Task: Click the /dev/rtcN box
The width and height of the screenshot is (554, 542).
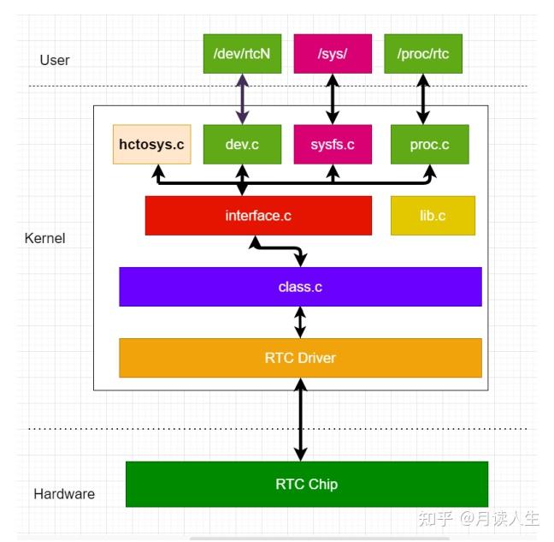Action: point(242,54)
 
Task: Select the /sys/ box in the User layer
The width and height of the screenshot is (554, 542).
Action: point(333,54)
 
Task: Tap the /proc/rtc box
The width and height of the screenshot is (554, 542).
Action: point(422,54)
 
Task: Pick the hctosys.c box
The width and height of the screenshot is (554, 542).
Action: point(151,145)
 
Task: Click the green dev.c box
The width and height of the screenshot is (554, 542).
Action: point(242,145)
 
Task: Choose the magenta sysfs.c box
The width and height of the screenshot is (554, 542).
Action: point(333,145)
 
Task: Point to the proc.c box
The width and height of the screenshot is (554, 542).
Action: point(429,145)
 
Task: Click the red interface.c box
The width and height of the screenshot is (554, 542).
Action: point(258,216)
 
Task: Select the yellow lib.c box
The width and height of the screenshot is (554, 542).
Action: point(432,216)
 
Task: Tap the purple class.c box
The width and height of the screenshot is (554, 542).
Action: point(300,287)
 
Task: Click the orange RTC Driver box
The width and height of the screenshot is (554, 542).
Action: point(300,358)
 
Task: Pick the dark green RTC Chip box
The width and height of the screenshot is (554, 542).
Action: point(306,484)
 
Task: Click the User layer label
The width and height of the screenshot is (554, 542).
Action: point(55,60)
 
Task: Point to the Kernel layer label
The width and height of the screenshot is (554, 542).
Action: point(45,238)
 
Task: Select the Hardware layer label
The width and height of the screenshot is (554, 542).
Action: point(64,494)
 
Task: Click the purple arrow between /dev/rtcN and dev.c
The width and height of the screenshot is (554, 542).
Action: point(242,99)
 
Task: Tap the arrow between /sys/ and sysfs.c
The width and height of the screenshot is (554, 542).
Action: point(333,99)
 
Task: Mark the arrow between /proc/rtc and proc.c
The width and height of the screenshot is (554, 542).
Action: point(422,99)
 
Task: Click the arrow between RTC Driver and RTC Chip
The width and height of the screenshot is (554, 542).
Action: point(300,420)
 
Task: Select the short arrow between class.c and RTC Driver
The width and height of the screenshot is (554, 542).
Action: point(300,322)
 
